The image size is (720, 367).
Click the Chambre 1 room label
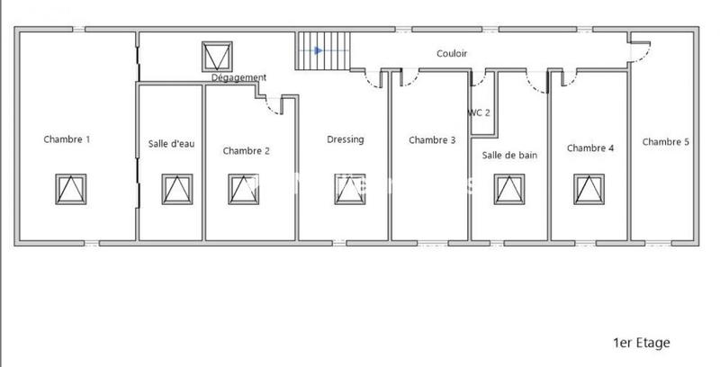tap(67, 139)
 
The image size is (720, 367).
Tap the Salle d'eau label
tap(171, 144)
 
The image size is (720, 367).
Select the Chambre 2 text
tap(246, 150)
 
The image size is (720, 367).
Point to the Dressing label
tap(346, 139)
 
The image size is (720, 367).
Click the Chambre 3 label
tap(432, 140)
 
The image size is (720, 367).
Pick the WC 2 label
tap(479, 112)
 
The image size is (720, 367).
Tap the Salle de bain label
tap(509, 155)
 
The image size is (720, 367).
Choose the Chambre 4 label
tap(590, 148)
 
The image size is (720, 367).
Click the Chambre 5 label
tap(666, 142)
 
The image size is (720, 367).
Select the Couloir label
tap(452, 53)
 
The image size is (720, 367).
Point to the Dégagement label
tap(238, 78)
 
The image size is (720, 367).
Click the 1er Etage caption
tap(642, 343)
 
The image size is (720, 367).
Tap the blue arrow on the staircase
tap(319, 50)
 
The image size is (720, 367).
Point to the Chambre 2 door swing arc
tap(272, 109)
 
